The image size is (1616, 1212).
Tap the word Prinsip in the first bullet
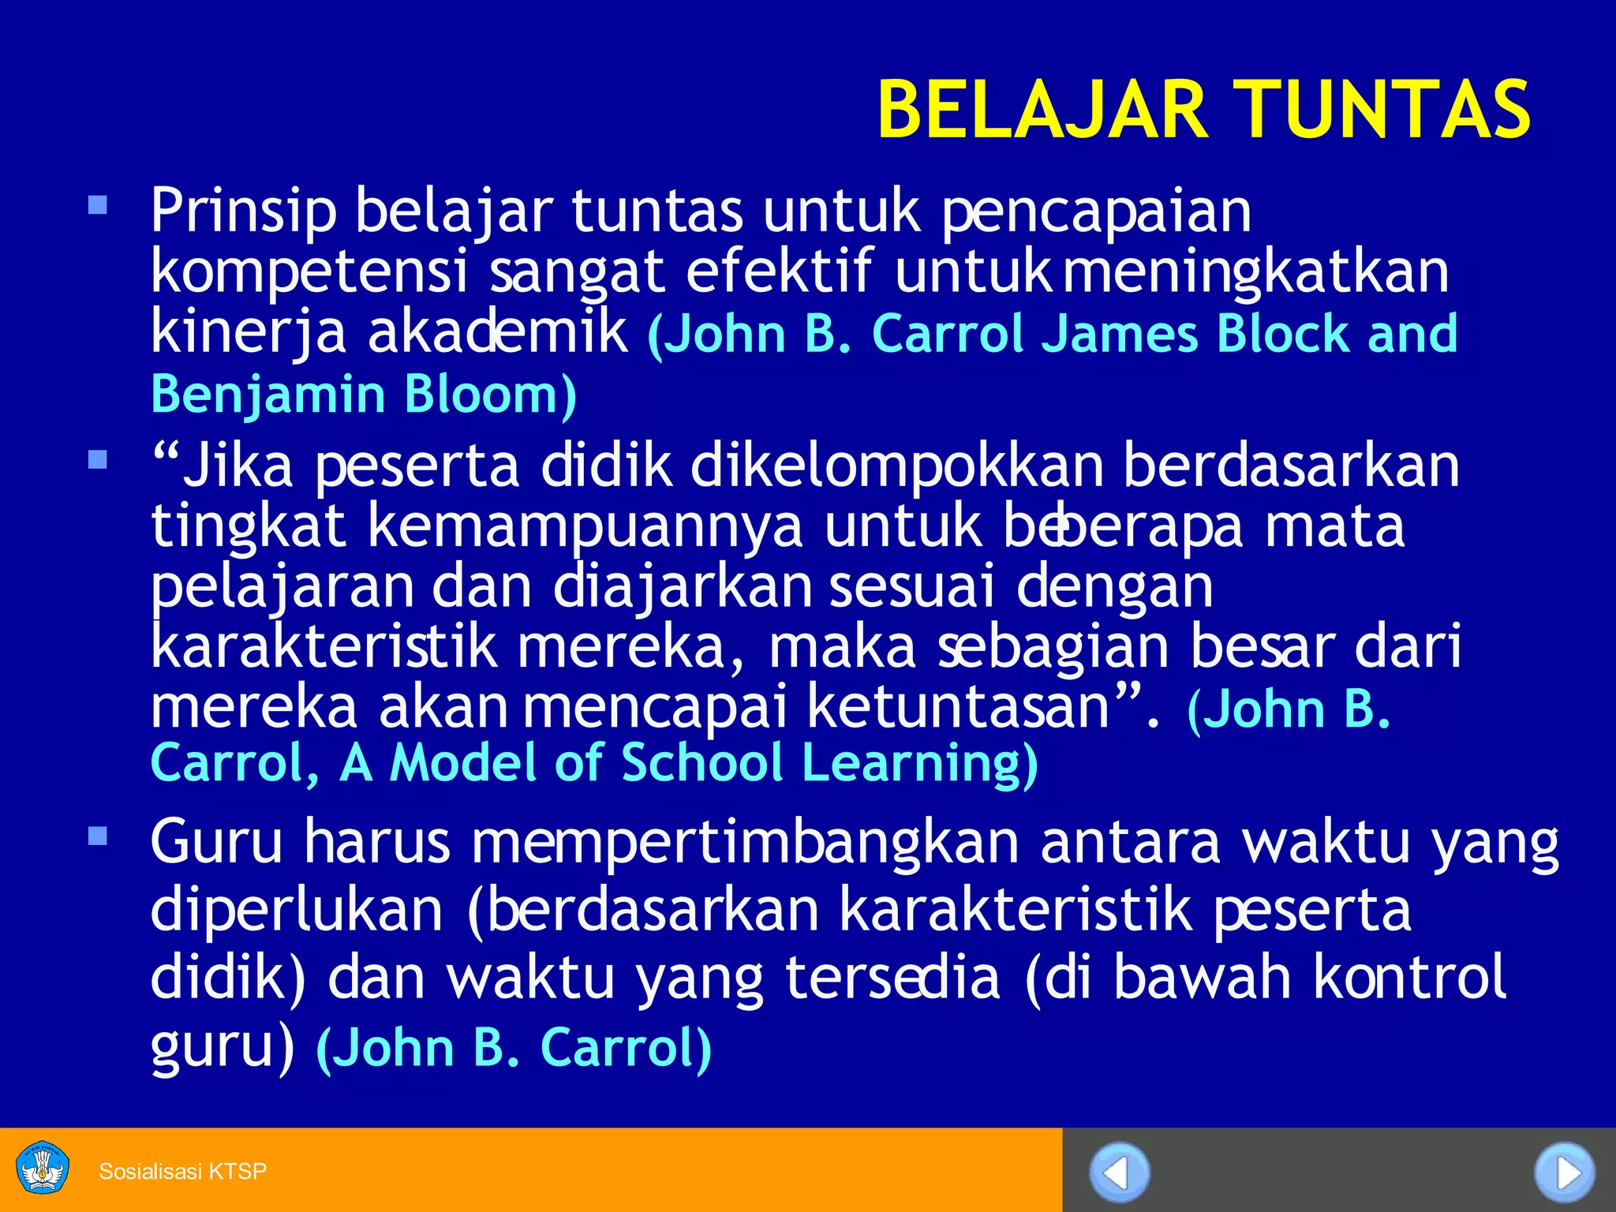[243, 211]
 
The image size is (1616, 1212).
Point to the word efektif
[780, 271]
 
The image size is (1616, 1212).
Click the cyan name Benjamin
[267, 395]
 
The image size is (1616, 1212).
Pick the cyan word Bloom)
[490, 394]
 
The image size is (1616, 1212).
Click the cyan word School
[701, 763]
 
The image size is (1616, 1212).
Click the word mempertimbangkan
[746, 843]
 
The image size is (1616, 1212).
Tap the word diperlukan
[297, 911]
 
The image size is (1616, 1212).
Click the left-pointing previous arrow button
[1119, 1173]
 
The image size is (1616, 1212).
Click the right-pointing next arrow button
[1564, 1173]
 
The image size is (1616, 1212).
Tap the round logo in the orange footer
[43, 1168]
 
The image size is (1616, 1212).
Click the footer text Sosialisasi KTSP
[183, 1171]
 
